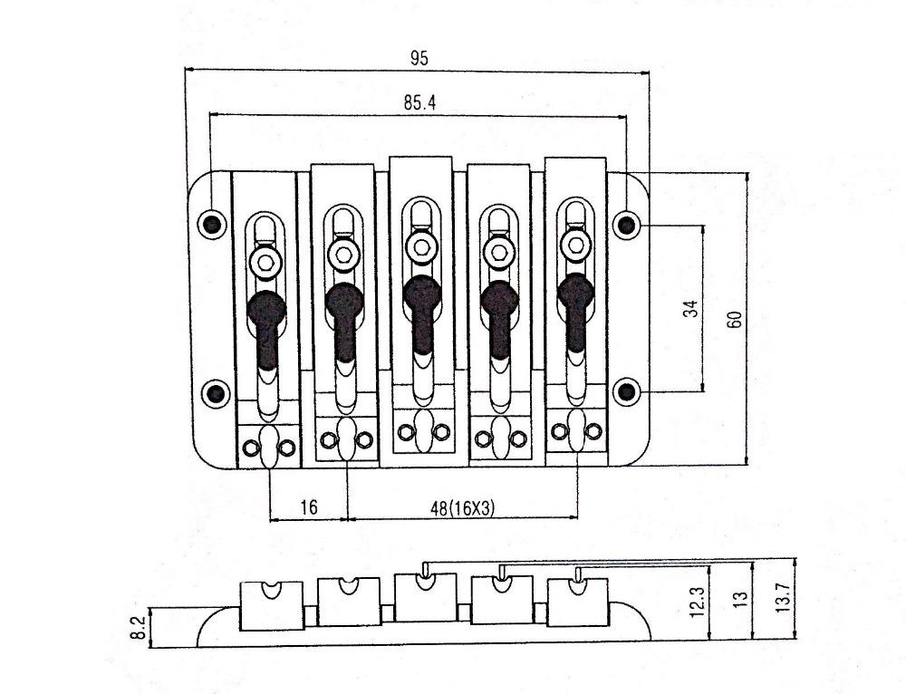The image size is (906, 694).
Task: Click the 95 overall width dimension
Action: click(419, 58)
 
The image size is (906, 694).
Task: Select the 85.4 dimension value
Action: click(420, 103)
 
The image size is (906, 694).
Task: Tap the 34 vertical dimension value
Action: click(690, 309)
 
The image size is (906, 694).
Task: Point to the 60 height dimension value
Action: click(735, 319)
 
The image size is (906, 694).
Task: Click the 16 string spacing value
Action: click(309, 506)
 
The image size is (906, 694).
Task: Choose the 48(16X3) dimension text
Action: click(462, 508)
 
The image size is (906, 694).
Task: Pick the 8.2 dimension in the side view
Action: click(138, 627)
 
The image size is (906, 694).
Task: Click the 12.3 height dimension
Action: click(698, 602)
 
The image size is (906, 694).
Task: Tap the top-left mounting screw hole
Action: click(212, 223)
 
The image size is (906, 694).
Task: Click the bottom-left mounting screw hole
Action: click(216, 393)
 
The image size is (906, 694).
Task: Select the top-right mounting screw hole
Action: click(627, 224)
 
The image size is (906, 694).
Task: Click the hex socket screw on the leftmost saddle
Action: click(265, 262)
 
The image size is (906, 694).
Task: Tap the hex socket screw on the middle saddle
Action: click(421, 248)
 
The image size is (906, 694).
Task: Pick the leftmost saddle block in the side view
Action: click(271, 605)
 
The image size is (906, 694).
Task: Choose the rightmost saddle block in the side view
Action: click(578, 602)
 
